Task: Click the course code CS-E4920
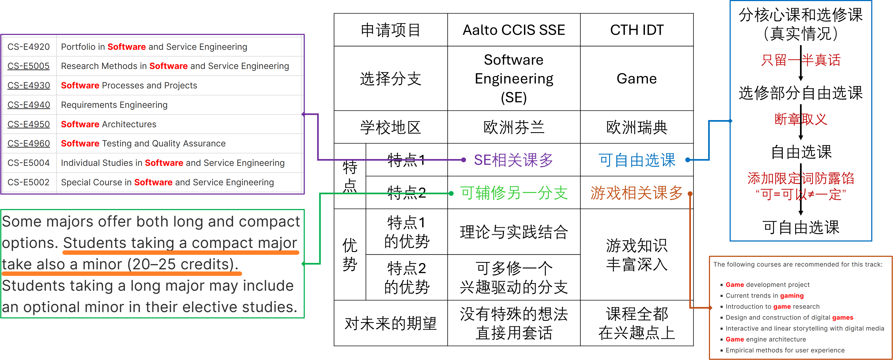29,47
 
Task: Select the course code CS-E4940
29,105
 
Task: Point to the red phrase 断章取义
801,119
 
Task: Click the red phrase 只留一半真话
801,60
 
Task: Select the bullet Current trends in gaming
764,296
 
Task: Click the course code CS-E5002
29,182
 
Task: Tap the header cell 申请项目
390,30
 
